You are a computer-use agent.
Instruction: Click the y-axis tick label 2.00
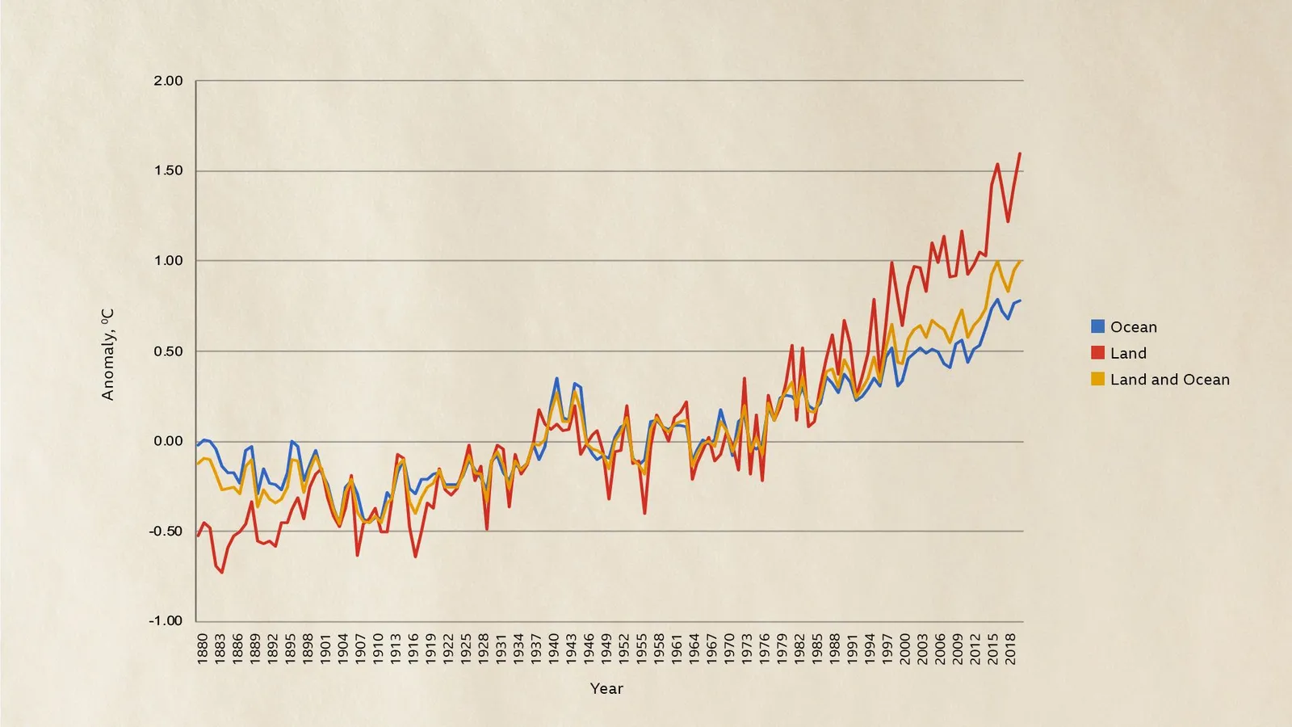(168, 81)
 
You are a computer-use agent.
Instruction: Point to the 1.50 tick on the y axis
(168, 171)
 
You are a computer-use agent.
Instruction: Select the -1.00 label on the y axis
(166, 620)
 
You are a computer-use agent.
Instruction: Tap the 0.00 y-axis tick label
(168, 441)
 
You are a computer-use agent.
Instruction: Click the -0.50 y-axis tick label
(166, 531)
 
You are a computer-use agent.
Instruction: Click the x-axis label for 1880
(202, 649)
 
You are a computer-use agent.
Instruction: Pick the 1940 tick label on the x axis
(554, 649)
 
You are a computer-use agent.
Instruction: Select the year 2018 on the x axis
(1011, 649)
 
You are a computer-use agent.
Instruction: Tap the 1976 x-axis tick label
(765, 649)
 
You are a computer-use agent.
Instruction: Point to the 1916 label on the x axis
(413, 649)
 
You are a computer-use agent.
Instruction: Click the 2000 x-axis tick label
(905, 649)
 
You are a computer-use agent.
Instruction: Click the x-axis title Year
(606, 688)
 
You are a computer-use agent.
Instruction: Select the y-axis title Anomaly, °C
(107, 354)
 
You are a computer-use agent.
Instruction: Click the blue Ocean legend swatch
(1097, 326)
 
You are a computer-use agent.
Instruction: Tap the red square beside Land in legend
(1097, 353)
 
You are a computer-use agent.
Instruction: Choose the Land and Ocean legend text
(1169, 379)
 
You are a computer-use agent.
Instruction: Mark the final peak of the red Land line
(1020, 153)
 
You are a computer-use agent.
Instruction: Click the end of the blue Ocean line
(1020, 300)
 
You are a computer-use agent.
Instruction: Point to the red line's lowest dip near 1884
(222, 573)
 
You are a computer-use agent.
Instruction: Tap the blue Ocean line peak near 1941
(556, 378)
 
